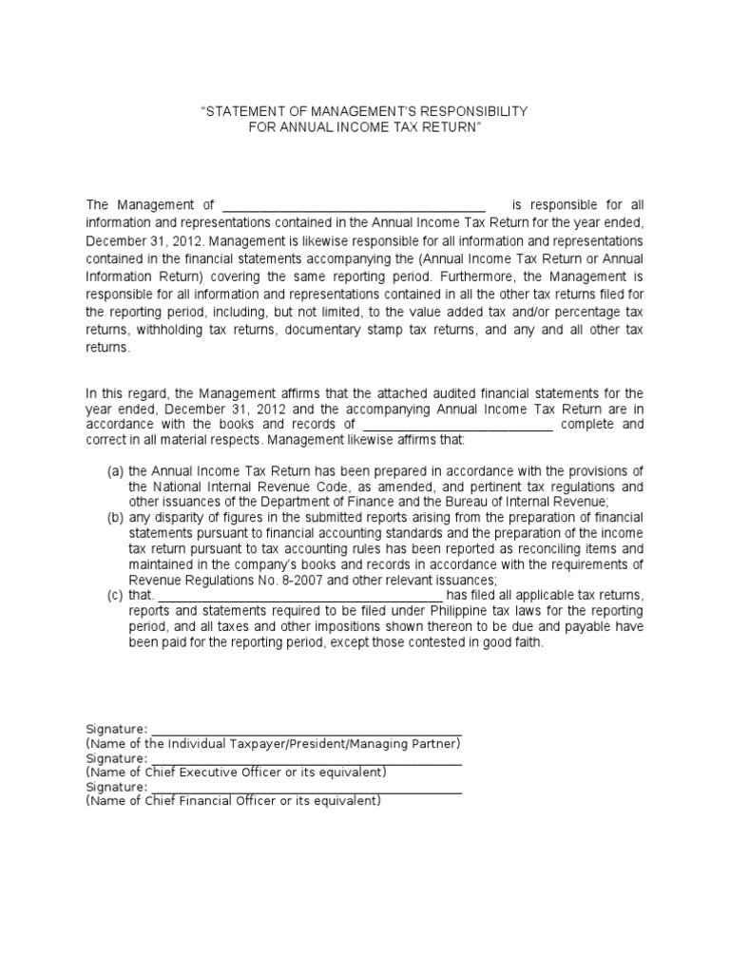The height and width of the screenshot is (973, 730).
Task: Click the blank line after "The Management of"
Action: (x=354, y=206)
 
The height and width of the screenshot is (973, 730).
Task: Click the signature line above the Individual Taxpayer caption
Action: (x=305, y=729)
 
